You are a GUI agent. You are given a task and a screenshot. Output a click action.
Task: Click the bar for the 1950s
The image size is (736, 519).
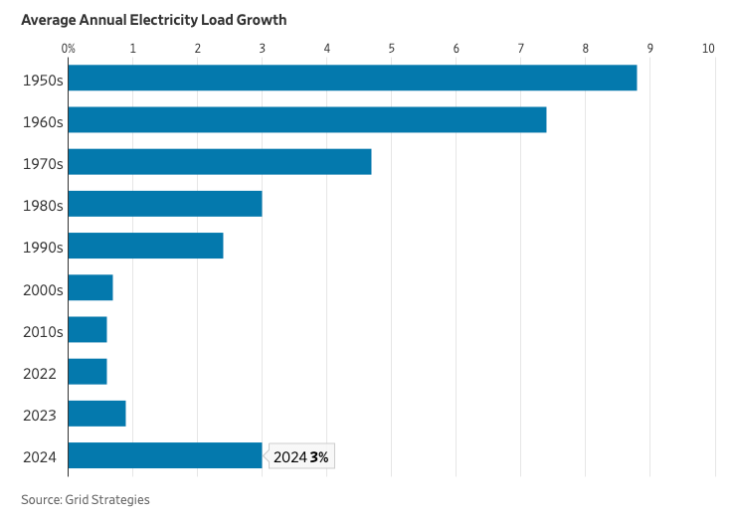(352, 78)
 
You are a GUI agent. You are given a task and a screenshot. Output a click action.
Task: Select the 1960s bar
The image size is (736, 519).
(307, 119)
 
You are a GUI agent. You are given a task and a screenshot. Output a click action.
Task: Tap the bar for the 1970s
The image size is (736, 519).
(220, 162)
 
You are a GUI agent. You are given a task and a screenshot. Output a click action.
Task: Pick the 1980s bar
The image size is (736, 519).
(165, 204)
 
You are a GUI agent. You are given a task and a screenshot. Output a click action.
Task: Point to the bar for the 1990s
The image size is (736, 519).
(145, 246)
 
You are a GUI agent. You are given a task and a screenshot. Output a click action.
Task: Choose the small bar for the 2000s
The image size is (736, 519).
(91, 288)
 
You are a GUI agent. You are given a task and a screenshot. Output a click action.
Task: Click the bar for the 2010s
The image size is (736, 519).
(88, 330)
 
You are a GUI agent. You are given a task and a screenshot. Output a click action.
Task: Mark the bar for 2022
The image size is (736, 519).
(88, 372)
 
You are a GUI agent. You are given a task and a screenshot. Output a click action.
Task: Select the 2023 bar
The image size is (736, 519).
(96, 414)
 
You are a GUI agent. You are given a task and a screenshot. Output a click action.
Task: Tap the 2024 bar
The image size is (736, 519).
(165, 456)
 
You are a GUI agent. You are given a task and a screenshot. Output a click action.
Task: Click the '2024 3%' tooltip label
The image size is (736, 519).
(301, 457)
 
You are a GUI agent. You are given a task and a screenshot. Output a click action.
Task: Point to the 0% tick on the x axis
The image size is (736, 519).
(69, 48)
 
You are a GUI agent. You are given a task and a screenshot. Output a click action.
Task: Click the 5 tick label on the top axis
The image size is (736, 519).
(392, 48)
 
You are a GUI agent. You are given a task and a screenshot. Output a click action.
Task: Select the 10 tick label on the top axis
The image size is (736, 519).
(708, 48)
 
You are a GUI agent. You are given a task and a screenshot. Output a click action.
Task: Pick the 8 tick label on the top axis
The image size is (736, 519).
(586, 48)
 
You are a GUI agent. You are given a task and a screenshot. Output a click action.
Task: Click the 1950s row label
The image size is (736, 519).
(43, 79)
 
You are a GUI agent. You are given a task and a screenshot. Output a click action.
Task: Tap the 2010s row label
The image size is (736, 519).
(43, 331)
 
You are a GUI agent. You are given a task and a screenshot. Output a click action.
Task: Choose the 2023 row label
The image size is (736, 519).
(40, 415)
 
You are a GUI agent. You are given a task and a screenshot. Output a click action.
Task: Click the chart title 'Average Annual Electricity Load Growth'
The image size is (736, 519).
(154, 20)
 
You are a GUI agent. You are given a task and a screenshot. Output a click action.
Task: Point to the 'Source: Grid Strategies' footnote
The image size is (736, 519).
(86, 499)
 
